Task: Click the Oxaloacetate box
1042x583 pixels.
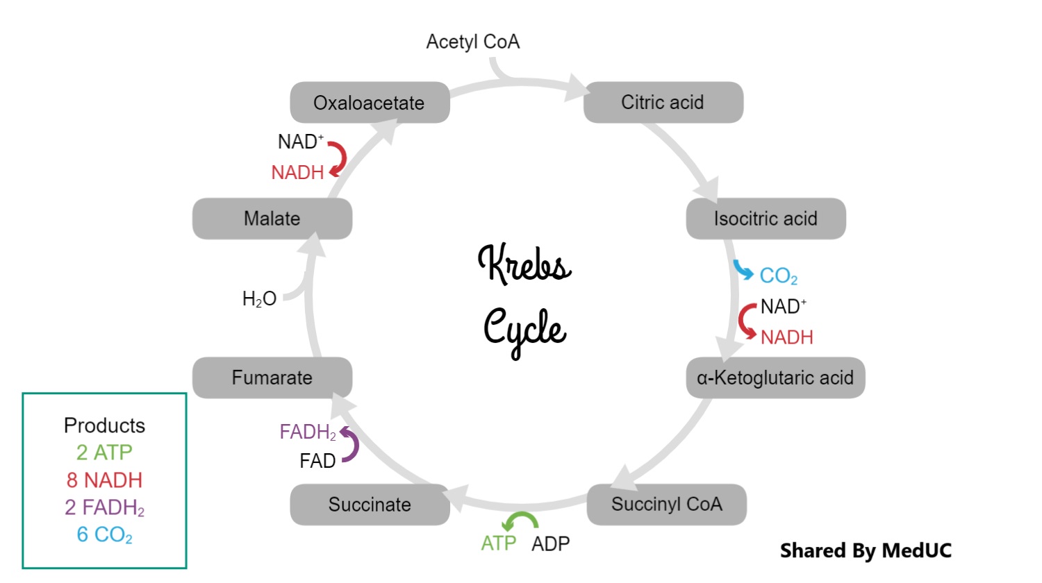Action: [x=370, y=103]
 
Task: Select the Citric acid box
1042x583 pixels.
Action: [x=663, y=102]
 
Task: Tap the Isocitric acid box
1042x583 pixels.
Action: [x=766, y=219]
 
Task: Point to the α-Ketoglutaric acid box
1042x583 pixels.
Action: [x=775, y=378]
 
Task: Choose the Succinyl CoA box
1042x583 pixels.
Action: [x=666, y=504]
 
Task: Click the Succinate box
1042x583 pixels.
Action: [x=370, y=505]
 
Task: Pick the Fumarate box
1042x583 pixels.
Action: [x=272, y=378]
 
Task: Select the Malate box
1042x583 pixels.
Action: [x=272, y=219]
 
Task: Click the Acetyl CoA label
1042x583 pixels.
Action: [x=473, y=42]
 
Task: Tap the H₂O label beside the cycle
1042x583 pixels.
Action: [x=259, y=299]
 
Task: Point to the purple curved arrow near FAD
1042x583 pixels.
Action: [x=350, y=445]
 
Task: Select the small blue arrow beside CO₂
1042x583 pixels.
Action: [x=743, y=270]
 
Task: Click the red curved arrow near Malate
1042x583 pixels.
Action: [x=338, y=158]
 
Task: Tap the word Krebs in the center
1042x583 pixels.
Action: [x=524, y=264]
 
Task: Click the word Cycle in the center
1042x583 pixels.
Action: [x=524, y=330]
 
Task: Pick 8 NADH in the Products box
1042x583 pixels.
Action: [x=105, y=480]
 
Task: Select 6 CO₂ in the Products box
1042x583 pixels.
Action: [x=105, y=535]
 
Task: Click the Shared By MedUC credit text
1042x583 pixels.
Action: [x=866, y=551]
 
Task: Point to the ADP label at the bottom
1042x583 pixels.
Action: [x=550, y=543]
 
